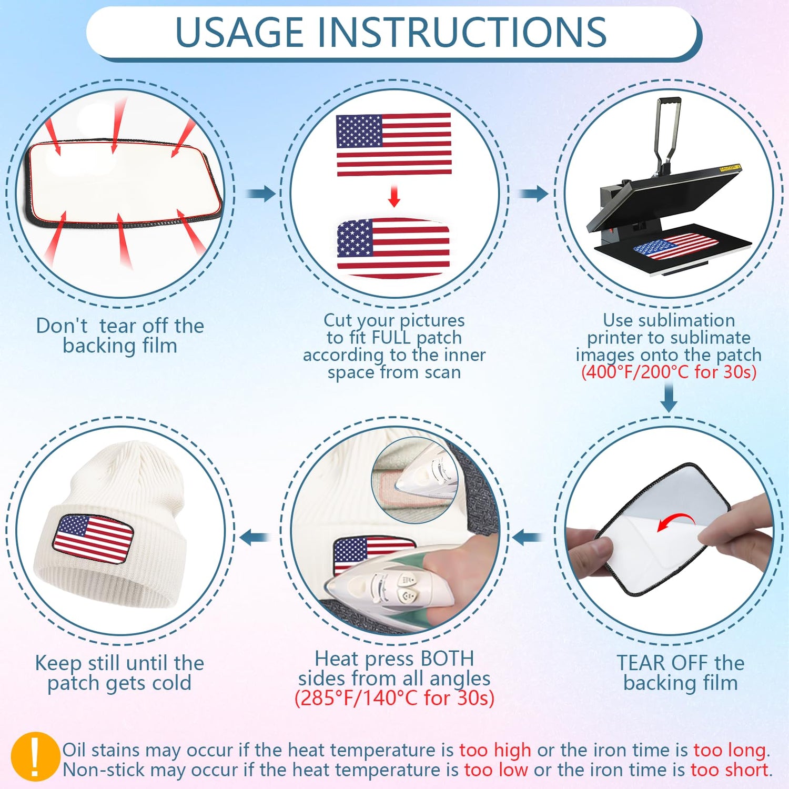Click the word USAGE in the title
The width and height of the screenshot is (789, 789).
pos(239,32)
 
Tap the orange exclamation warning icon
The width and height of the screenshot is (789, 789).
pos(35,757)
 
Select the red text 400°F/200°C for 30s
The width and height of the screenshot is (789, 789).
pos(669,372)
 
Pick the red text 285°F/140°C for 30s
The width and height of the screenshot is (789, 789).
pos(394,698)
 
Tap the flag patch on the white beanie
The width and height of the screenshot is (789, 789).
pos(93,540)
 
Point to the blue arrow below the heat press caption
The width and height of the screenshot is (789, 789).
pos(669,398)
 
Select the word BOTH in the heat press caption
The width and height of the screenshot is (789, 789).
pos(447,659)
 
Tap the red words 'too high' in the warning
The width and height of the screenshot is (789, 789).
pos(495,750)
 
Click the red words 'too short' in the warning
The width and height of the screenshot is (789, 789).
pos(730,770)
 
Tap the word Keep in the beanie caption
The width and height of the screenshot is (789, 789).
pos(57,664)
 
